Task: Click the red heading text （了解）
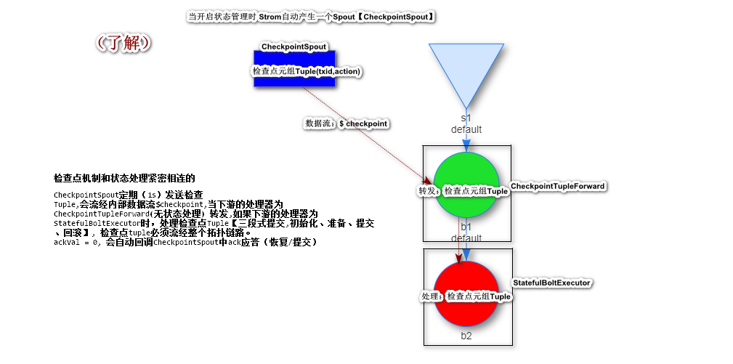click(x=123, y=43)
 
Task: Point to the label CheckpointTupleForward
click(x=558, y=187)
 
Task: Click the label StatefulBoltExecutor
click(x=552, y=283)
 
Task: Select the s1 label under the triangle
click(x=466, y=118)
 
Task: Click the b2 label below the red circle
click(x=466, y=336)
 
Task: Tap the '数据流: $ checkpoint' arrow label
click(x=346, y=124)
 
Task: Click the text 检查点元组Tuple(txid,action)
click(x=307, y=71)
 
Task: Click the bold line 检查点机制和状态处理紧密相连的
click(x=124, y=178)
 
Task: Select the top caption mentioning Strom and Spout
click(x=312, y=16)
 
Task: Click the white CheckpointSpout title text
click(x=293, y=47)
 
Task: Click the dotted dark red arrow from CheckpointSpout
click(x=363, y=138)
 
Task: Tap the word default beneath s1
click(x=466, y=129)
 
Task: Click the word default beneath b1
click(x=466, y=238)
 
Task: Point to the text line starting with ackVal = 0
click(x=185, y=242)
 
